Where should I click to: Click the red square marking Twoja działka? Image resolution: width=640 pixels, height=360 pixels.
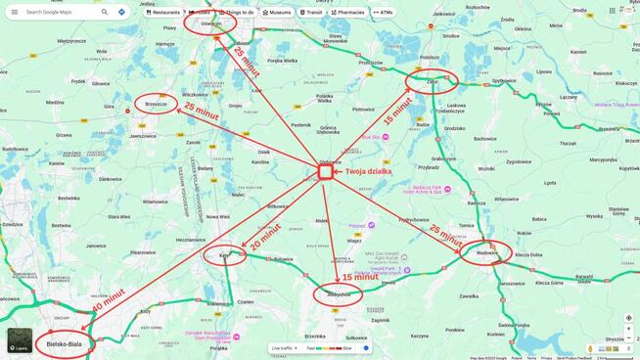tap(325, 171)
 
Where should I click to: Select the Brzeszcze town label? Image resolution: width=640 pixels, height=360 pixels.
tap(157, 104)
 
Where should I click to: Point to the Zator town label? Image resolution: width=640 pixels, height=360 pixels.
tap(433, 82)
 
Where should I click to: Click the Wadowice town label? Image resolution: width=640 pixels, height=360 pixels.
tap(486, 253)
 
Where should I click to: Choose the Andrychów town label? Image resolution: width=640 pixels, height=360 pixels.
tap(339, 294)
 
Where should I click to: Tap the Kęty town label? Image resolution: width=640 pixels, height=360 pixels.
tap(224, 256)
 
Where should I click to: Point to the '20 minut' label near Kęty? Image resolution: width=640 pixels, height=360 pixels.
tap(264, 236)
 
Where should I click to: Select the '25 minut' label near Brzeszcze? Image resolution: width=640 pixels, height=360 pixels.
tap(202, 112)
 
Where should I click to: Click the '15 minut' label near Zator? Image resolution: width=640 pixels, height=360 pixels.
tap(397, 107)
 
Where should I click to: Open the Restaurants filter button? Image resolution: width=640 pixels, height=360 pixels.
tap(163, 13)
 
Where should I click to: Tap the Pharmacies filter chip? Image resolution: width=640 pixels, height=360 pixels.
tap(348, 13)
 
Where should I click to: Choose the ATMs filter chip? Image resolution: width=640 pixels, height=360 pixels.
tap(383, 13)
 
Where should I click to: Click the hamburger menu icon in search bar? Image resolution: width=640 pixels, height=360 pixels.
tap(15, 13)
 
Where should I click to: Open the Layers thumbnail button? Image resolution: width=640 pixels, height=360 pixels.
tap(20, 340)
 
